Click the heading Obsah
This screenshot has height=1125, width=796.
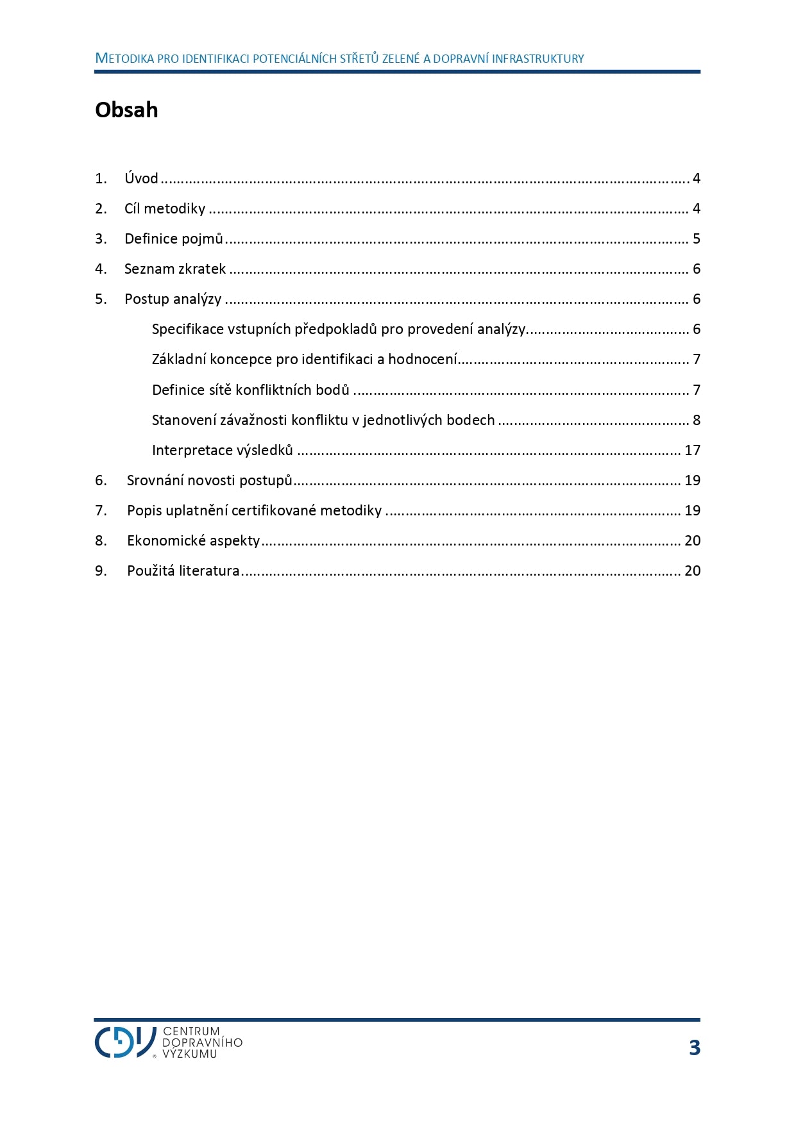126,110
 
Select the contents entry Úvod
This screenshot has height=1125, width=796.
141,178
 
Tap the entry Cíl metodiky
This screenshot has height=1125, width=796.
165,208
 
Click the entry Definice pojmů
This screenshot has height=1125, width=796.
173,238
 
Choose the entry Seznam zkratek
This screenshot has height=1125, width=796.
174,269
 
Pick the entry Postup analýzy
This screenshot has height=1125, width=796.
173,299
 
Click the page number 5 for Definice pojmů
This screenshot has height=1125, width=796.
696,238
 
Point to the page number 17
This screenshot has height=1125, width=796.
692,450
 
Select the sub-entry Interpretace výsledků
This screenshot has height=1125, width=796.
222,450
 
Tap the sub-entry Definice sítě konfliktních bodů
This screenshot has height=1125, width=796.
250,390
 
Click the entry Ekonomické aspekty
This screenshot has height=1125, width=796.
193,540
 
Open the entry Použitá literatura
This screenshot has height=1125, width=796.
183,571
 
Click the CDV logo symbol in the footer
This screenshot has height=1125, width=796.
125,1042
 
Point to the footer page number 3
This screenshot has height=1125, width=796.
694,1047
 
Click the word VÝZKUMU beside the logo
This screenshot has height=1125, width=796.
190,1054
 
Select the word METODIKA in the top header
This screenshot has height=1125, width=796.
124,58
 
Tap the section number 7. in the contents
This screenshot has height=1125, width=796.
101,510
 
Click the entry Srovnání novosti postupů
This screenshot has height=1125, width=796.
209,480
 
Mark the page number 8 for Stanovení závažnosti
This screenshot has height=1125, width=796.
696,420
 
